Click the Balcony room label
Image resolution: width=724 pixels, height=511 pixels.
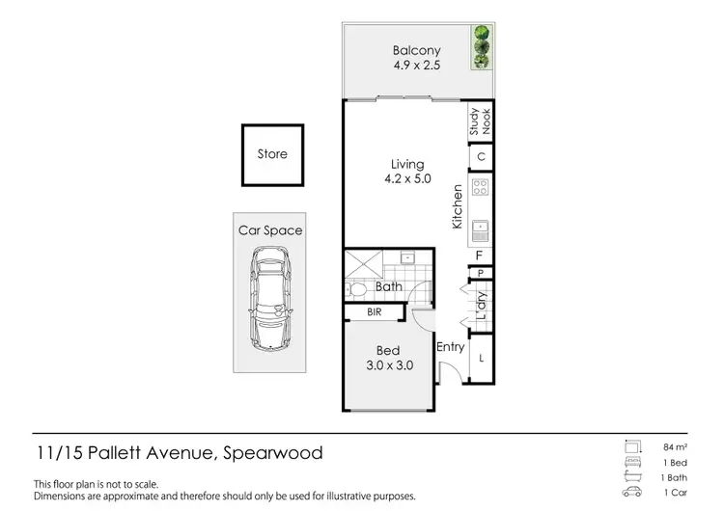[416, 51]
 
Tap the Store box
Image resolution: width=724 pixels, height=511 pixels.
[272, 154]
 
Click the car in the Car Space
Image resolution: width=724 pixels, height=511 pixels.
[271, 299]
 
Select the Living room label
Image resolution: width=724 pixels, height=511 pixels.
[406, 165]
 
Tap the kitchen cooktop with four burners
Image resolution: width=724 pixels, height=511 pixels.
[480, 189]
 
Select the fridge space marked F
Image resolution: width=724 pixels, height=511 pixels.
[480, 255]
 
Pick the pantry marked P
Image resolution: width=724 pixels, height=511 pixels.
[480, 274]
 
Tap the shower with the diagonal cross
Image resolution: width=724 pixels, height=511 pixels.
[363, 263]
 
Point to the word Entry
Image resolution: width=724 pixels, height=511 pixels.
[451, 347]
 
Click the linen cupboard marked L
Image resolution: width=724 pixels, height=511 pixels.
[481, 359]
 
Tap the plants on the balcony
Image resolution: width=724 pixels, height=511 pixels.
[481, 46]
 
